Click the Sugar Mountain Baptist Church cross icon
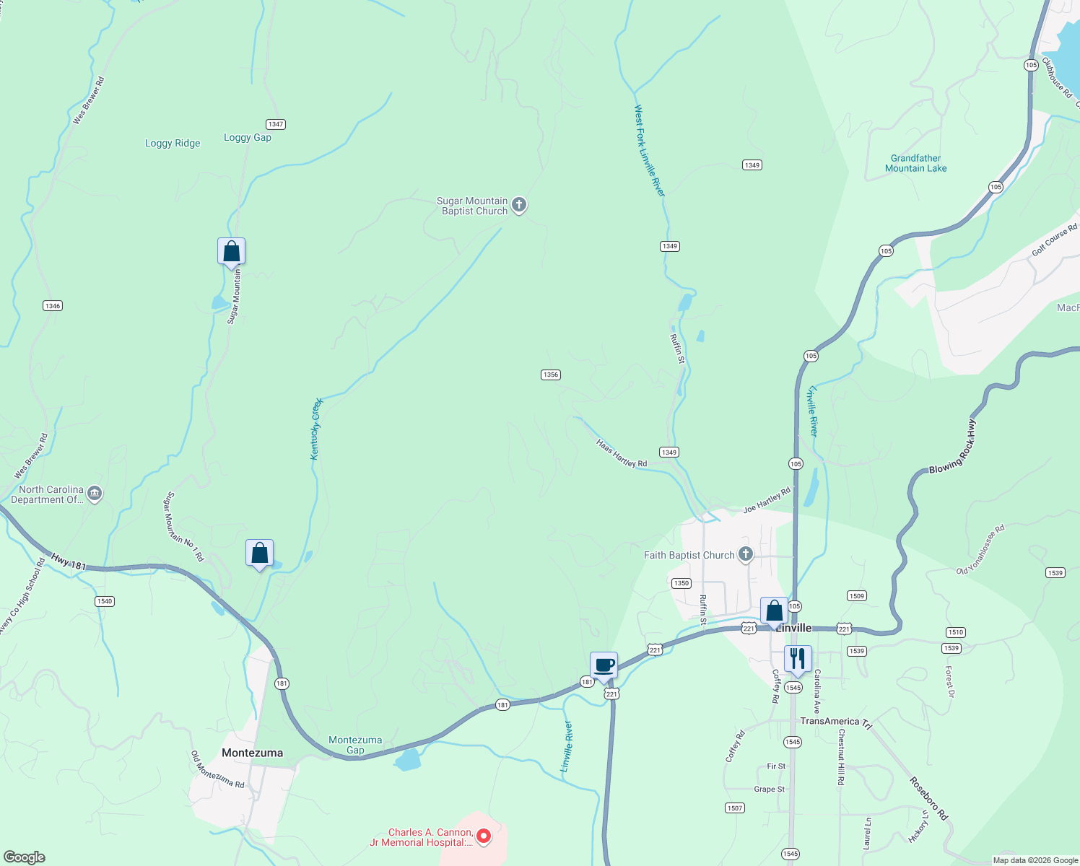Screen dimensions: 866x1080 point(518,206)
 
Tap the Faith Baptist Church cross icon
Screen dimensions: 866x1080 point(746,555)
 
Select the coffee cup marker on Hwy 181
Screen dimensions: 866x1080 point(604,666)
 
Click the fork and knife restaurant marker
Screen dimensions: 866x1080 point(798,659)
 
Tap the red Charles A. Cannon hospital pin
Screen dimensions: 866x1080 point(484,837)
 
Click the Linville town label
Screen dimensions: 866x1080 point(793,628)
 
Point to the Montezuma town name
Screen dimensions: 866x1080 point(252,753)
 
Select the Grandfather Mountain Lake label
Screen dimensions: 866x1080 point(915,163)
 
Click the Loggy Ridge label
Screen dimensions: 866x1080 point(173,143)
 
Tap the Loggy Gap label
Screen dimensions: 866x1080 point(248,137)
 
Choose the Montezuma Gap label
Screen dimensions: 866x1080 point(355,745)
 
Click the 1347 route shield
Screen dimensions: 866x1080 point(275,124)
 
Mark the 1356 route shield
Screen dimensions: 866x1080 point(550,375)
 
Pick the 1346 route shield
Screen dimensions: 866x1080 point(52,305)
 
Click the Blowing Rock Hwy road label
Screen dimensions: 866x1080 point(952,447)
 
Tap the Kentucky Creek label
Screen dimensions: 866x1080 point(316,429)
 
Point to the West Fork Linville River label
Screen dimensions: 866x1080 point(649,150)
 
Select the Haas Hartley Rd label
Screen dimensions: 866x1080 point(622,453)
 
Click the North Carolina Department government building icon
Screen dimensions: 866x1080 point(95,494)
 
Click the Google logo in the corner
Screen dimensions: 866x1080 point(25,857)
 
